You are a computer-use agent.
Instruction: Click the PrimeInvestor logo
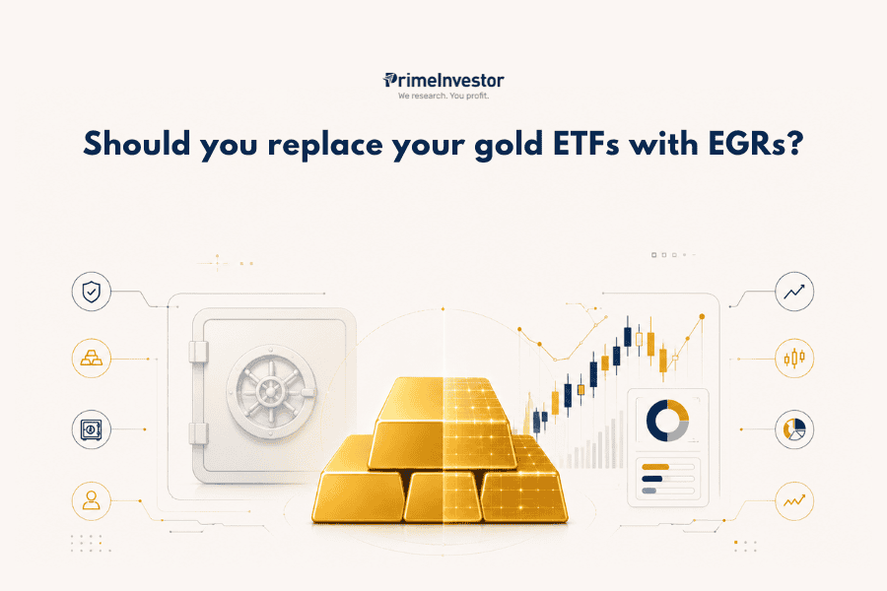(x=443, y=81)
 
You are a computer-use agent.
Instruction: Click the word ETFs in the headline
(x=585, y=144)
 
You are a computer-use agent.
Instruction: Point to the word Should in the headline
(x=137, y=144)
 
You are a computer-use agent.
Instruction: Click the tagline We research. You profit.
(x=443, y=96)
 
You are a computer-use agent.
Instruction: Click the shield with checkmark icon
(x=91, y=292)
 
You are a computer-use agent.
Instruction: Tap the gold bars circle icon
(x=91, y=359)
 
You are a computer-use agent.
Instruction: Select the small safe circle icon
(x=91, y=429)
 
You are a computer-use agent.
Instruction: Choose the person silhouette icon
(x=91, y=501)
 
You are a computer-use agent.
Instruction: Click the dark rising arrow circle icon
(x=794, y=292)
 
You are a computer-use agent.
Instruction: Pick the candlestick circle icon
(x=794, y=359)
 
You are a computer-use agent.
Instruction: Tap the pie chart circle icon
(x=794, y=429)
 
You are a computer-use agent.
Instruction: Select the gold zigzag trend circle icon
(x=794, y=501)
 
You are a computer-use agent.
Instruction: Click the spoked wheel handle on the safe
(x=271, y=391)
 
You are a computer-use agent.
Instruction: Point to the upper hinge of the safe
(x=197, y=352)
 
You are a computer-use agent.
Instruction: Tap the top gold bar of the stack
(x=443, y=399)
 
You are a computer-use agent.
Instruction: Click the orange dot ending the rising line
(x=702, y=317)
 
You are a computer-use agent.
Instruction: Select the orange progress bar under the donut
(x=655, y=467)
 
